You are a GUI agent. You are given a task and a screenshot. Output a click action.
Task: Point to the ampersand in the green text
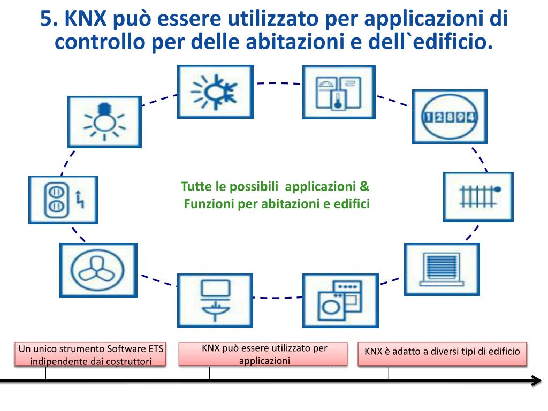point(364,187)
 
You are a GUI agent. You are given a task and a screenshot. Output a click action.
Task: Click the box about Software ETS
point(90,354)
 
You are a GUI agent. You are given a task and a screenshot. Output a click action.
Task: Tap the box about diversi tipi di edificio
point(442,352)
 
